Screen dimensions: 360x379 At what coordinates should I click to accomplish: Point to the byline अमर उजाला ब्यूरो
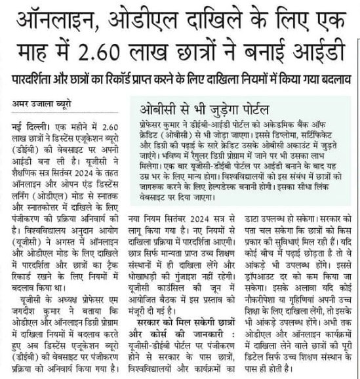coord(41,102)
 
